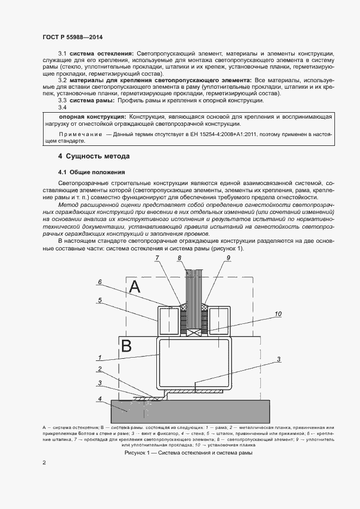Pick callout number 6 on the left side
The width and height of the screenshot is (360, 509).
(x=100, y=282)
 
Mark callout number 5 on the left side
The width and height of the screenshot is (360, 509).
(x=100, y=299)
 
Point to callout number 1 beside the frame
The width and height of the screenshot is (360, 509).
(x=100, y=358)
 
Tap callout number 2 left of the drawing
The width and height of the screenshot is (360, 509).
(x=100, y=369)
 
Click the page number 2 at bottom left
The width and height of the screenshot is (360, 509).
(x=44, y=463)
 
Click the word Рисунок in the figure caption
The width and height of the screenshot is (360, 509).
(x=137, y=452)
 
